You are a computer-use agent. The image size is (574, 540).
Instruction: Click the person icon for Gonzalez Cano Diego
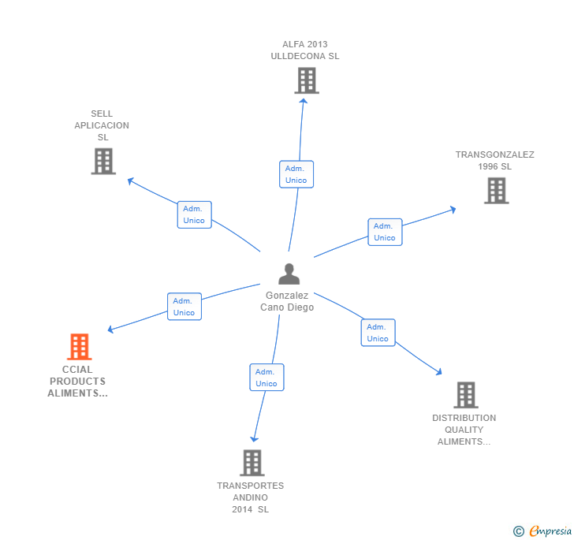pos(289,274)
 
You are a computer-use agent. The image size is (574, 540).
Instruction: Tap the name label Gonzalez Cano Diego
pos(287,301)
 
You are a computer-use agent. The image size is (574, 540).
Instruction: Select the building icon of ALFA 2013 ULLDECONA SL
pos(307,80)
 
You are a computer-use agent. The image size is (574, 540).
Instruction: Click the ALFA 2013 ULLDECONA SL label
pos(305,50)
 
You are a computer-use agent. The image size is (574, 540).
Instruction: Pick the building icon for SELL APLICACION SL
pos(103,161)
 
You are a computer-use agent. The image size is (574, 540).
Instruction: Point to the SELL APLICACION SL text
pos(102,125)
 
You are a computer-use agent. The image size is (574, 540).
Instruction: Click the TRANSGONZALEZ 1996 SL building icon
pos(496,190)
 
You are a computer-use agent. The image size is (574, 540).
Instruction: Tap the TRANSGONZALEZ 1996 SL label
pos(494,160)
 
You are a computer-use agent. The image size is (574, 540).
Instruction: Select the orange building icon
pos(79,346)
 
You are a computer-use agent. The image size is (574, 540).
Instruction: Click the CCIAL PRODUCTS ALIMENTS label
pos(77,381)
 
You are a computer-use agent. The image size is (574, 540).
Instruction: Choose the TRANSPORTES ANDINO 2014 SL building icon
pos(252,463)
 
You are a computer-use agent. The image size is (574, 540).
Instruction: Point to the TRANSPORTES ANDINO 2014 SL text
pos(251,497)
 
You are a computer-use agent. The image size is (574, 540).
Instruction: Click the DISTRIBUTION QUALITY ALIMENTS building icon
pos(465,395)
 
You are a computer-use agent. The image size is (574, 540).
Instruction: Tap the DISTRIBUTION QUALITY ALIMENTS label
pos(464,430)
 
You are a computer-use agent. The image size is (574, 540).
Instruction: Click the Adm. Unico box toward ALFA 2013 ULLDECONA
pos(296,174)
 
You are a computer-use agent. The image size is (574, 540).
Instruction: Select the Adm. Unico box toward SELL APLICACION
pos(194,214)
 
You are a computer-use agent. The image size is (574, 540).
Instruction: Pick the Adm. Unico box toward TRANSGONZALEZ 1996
pos(385,232)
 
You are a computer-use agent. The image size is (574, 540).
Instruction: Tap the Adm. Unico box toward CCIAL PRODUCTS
pos(184,307)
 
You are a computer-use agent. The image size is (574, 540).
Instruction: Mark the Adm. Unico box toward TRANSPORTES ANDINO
pos(266,378)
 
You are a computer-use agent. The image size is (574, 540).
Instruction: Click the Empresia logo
pos(543,531)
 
